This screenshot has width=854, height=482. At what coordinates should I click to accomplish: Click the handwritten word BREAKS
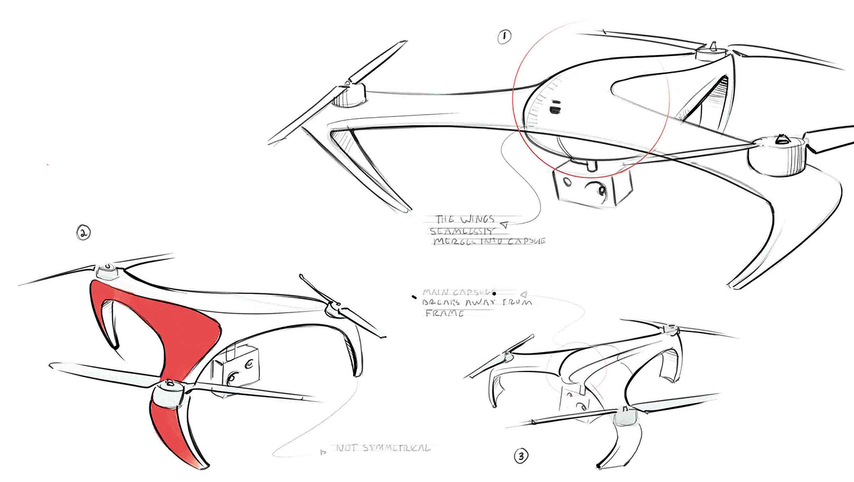coord(448,302)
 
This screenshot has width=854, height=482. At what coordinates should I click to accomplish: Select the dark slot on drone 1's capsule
coord(554,110)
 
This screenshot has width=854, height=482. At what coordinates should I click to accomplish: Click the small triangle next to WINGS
coord(503,225)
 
